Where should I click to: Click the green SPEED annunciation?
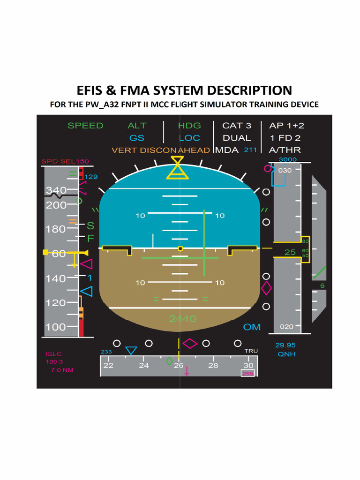pyautogui.click(x=85, y=126)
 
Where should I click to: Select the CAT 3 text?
pyautogui.click(x=237, y=126)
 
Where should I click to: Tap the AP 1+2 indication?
pyautogui.click(x=286, y=126)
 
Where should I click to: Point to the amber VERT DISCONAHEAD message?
pyautogui.click(x=161, y=150)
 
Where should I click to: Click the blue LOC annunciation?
pyautogui.click(x=189, y=138)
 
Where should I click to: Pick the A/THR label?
pyautogui.click(x=285, y=150)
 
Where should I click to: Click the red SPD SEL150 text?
pyautogui.click(x=65, y=162)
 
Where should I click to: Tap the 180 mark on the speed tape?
pyautogui.click(x=56, y=229)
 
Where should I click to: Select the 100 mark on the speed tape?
pyautogui.click(x=56, y=327)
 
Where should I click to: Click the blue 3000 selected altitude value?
pyautogui.click(x=287, y=160)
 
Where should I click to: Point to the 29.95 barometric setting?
pyautogui.click(x=285, y=345)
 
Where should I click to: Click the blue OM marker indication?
pyautogui.click(x=252, y=327)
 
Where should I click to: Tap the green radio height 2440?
pyautogui.click(x=182, y=319)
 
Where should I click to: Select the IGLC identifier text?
pyautogui.click(x=53, y=354)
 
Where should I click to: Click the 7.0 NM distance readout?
pyautogui.click(x=62, y=370)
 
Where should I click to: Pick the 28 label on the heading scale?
pyautogui.click(x=213, y=366)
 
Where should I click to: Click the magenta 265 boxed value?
pyautogui.click(x=247, y=374)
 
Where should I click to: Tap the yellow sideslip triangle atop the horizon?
pyautogui.click(x=178, y=168)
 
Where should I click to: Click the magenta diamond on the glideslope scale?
pyautogui.click(x=266, y=288)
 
